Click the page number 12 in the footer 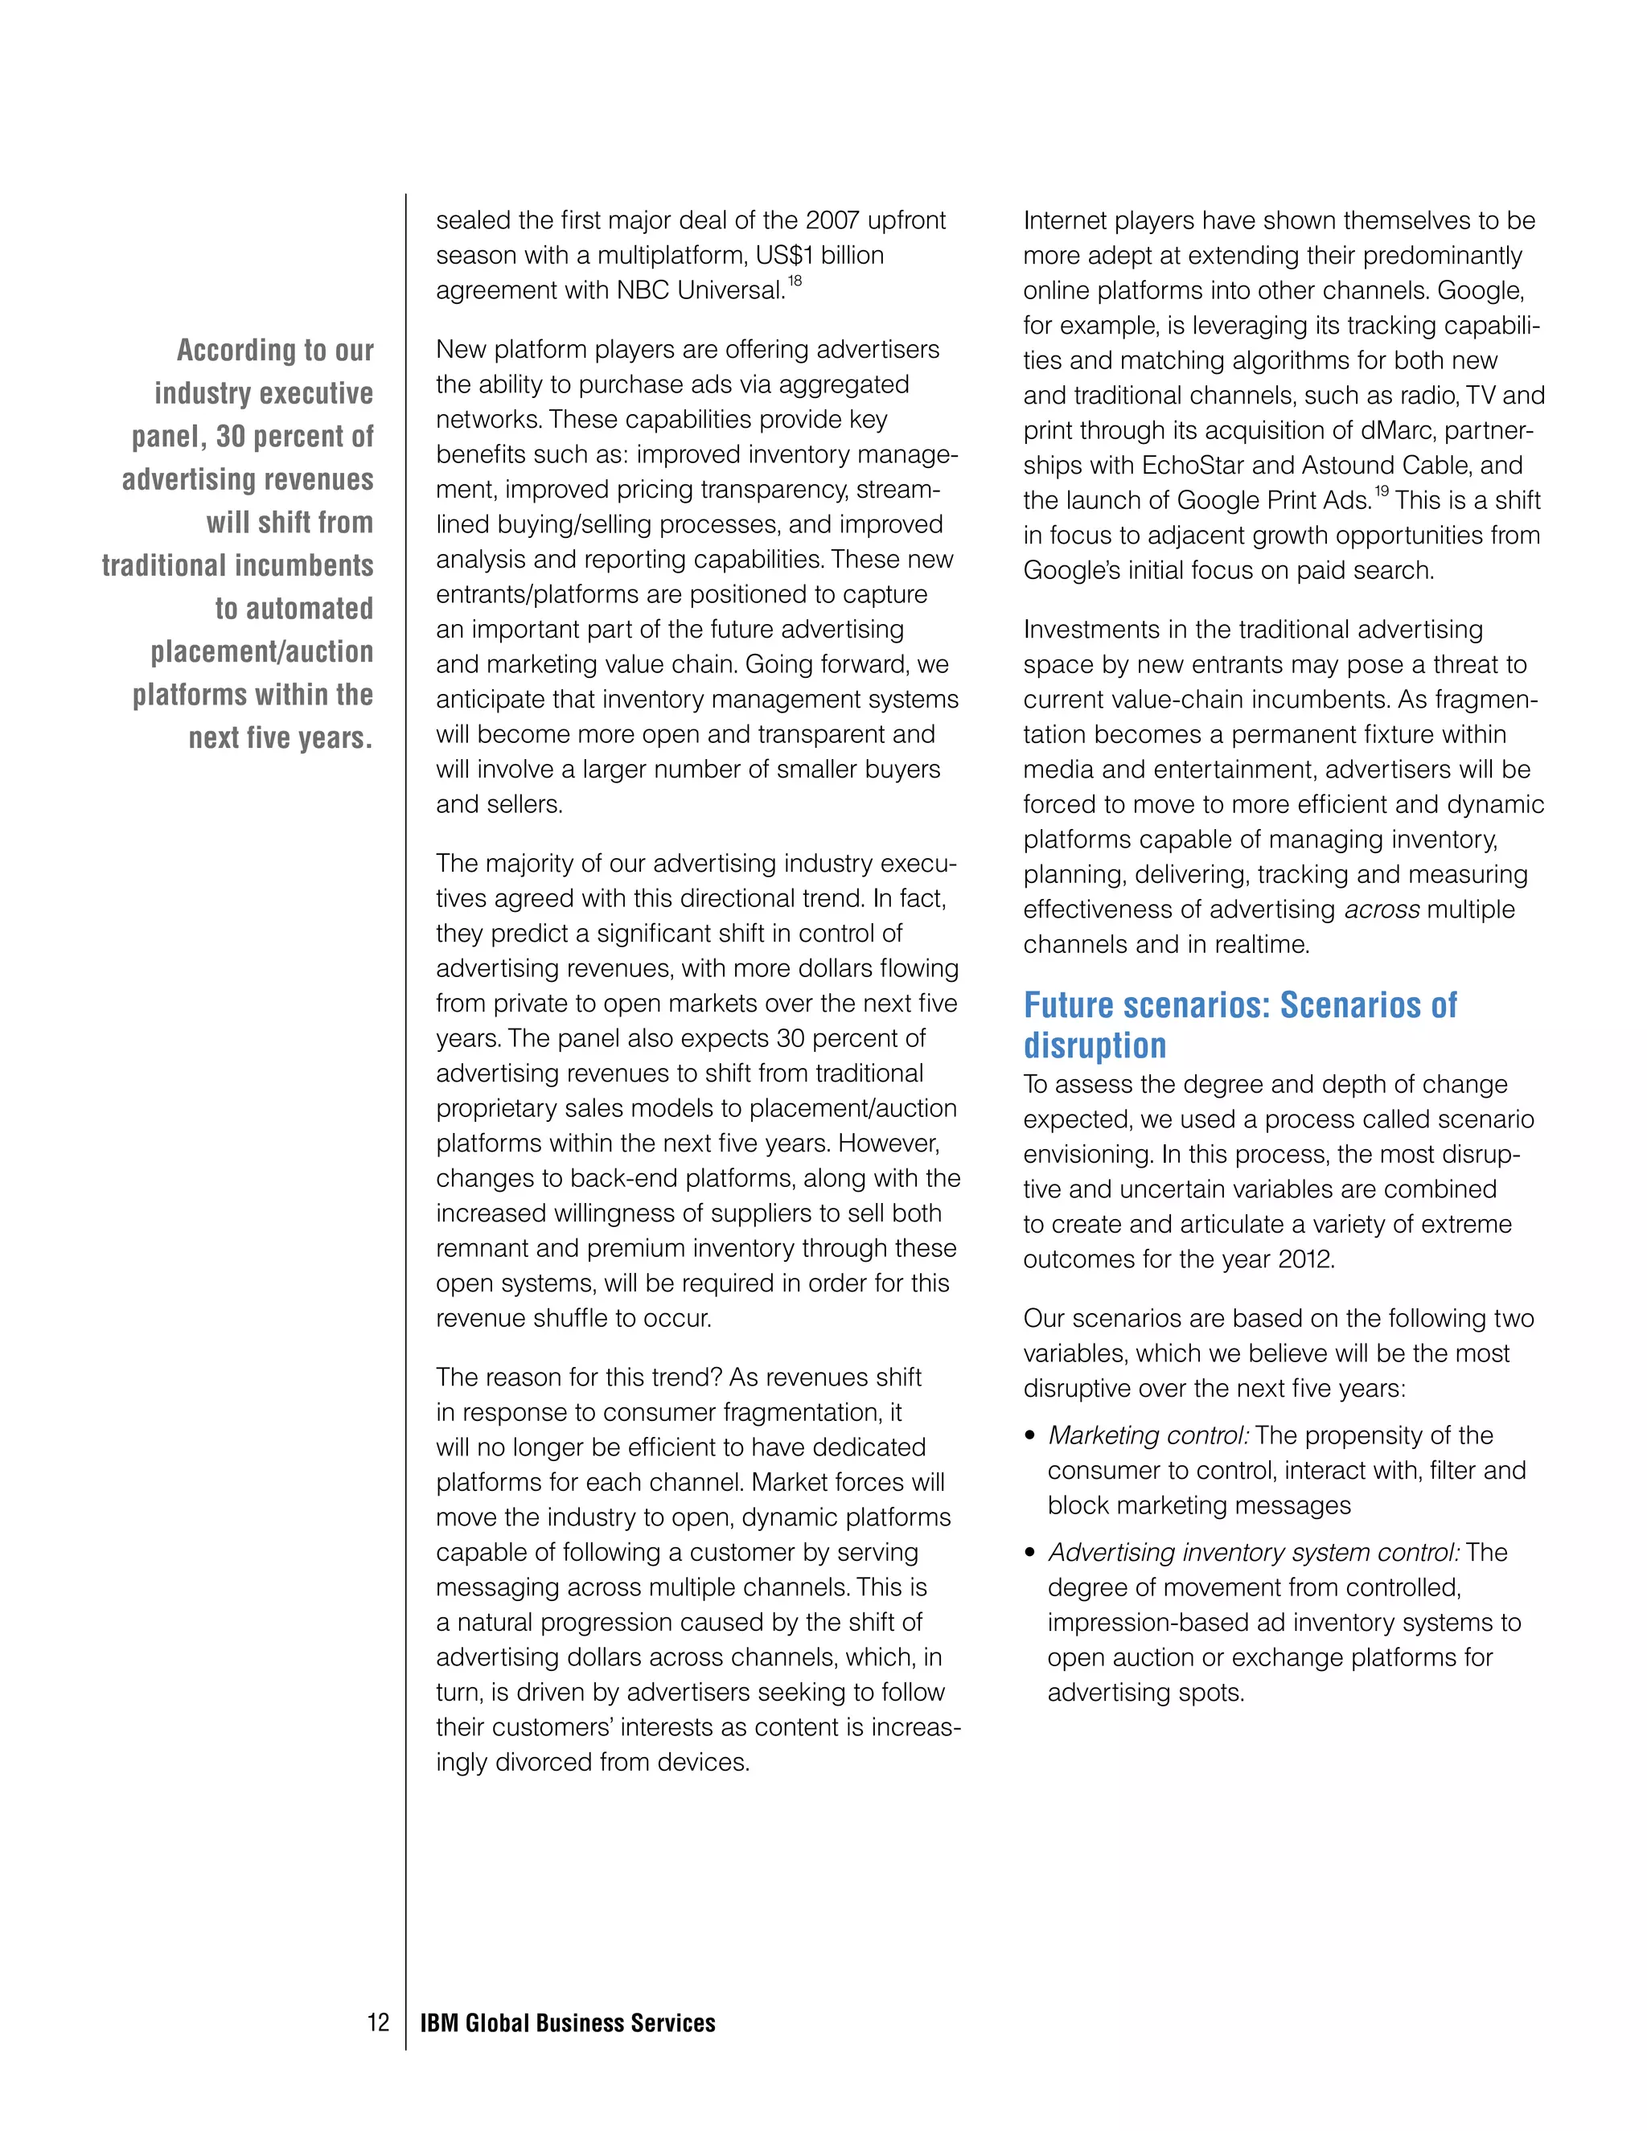[378, 2022]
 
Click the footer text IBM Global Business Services [567, 2022]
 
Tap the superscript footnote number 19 [1382, 492]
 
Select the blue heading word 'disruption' [1094, 1045]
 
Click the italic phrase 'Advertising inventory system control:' [1253, 1552]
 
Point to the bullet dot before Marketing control [1030, 1436]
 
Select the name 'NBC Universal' [700, 291]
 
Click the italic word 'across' [1382, 909]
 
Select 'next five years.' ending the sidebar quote [280, 737]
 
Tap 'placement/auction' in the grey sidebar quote [261, 652]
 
